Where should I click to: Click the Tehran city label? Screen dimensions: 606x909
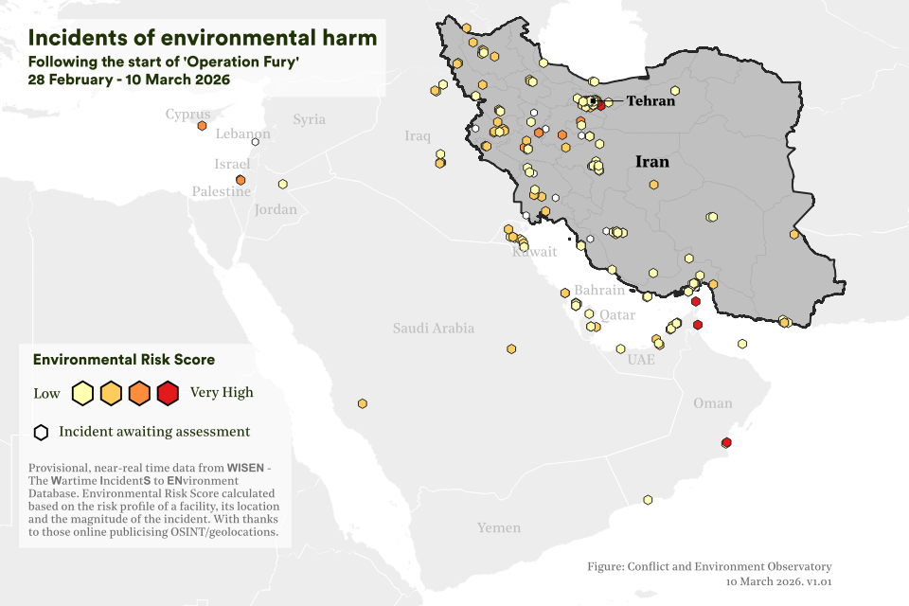point(650,101)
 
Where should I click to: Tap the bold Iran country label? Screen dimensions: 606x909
point(651,162)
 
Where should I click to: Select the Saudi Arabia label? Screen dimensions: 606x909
point(434,329)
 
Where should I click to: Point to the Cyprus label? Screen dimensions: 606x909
point(187,115)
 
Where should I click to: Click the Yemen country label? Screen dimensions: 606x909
point(498,527)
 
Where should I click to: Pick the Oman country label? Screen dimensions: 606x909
point(712,403)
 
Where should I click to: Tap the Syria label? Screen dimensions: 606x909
point(309,119)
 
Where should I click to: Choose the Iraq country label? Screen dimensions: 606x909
point(418,136)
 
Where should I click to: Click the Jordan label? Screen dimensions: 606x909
point(276,209)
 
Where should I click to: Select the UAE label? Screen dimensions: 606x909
point(641,360)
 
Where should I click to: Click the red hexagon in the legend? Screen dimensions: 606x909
point(168,393)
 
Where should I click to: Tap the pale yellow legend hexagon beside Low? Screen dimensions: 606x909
point(82,393)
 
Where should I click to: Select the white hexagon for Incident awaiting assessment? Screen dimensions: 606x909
point(41,433)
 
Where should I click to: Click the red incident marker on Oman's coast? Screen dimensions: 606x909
point(726,442)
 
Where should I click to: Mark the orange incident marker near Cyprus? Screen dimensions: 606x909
point(202,125)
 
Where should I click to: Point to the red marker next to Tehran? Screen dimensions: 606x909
point(601,105)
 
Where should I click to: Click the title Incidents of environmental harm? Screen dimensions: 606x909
point(203,38)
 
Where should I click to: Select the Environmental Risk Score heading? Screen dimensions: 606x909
point(124,360)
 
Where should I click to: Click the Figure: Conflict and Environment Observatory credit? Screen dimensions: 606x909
point(709,566)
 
